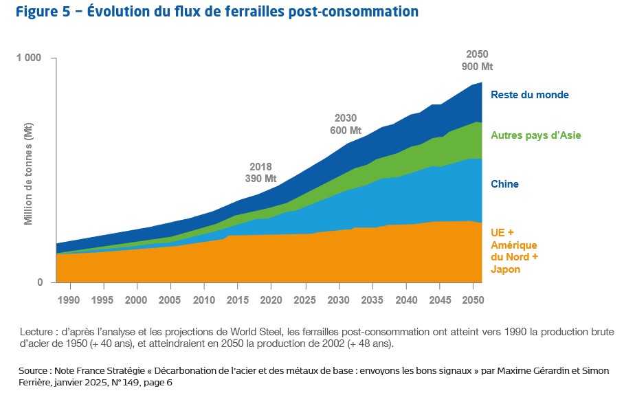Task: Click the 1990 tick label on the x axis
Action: tap(69, 300)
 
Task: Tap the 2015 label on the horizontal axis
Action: tap(237, 300)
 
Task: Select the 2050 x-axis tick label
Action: tap(472, 300)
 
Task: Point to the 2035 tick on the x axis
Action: tap(372, 300)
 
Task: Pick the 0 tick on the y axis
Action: tap(39, 282)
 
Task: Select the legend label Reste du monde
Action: tap(529, 95)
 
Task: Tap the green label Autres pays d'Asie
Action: tap(535, 135)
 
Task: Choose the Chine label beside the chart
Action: tap(504, 184)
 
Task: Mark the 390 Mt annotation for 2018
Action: tap(260, 179)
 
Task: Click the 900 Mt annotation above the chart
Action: tap(478, 67)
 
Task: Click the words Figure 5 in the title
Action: tap(42, 12)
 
